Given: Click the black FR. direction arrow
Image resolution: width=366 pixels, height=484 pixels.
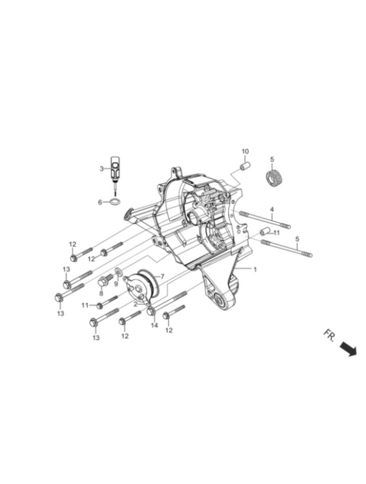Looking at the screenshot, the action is (x=349, y=349).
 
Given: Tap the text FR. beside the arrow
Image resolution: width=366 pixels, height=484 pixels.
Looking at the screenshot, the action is (x=329, y=335).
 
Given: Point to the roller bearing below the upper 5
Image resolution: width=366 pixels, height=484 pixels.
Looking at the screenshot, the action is (x=272, y=178).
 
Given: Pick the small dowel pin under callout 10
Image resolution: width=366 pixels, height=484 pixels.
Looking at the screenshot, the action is (x=245, y=166).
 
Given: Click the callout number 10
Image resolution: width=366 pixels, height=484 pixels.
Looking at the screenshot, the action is (x=245, y=151).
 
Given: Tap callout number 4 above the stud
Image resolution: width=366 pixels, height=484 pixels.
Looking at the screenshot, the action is (x=272, y=209).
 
